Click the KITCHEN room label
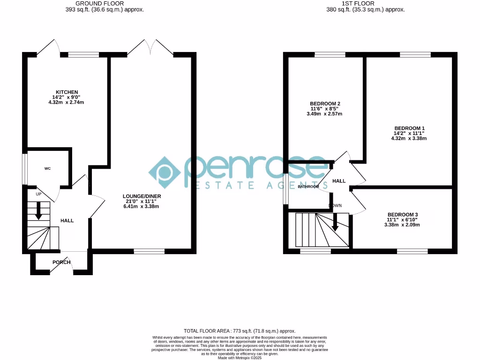67,92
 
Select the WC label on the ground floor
47,168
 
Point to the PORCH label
61,262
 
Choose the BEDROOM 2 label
325,104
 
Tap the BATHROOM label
308,187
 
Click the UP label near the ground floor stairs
39,193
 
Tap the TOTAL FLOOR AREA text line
240,331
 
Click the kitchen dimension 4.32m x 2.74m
67,102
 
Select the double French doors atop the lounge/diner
150,48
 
